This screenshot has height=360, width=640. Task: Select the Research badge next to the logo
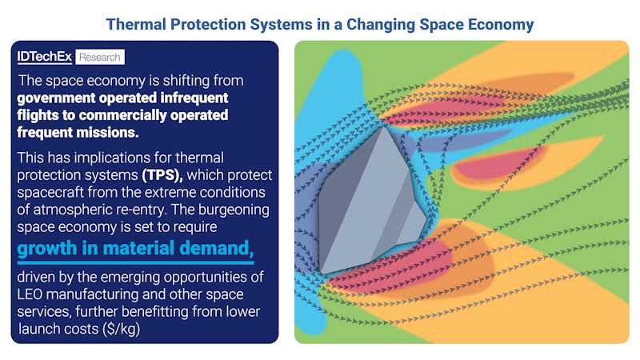100,58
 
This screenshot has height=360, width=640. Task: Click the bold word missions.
110,133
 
